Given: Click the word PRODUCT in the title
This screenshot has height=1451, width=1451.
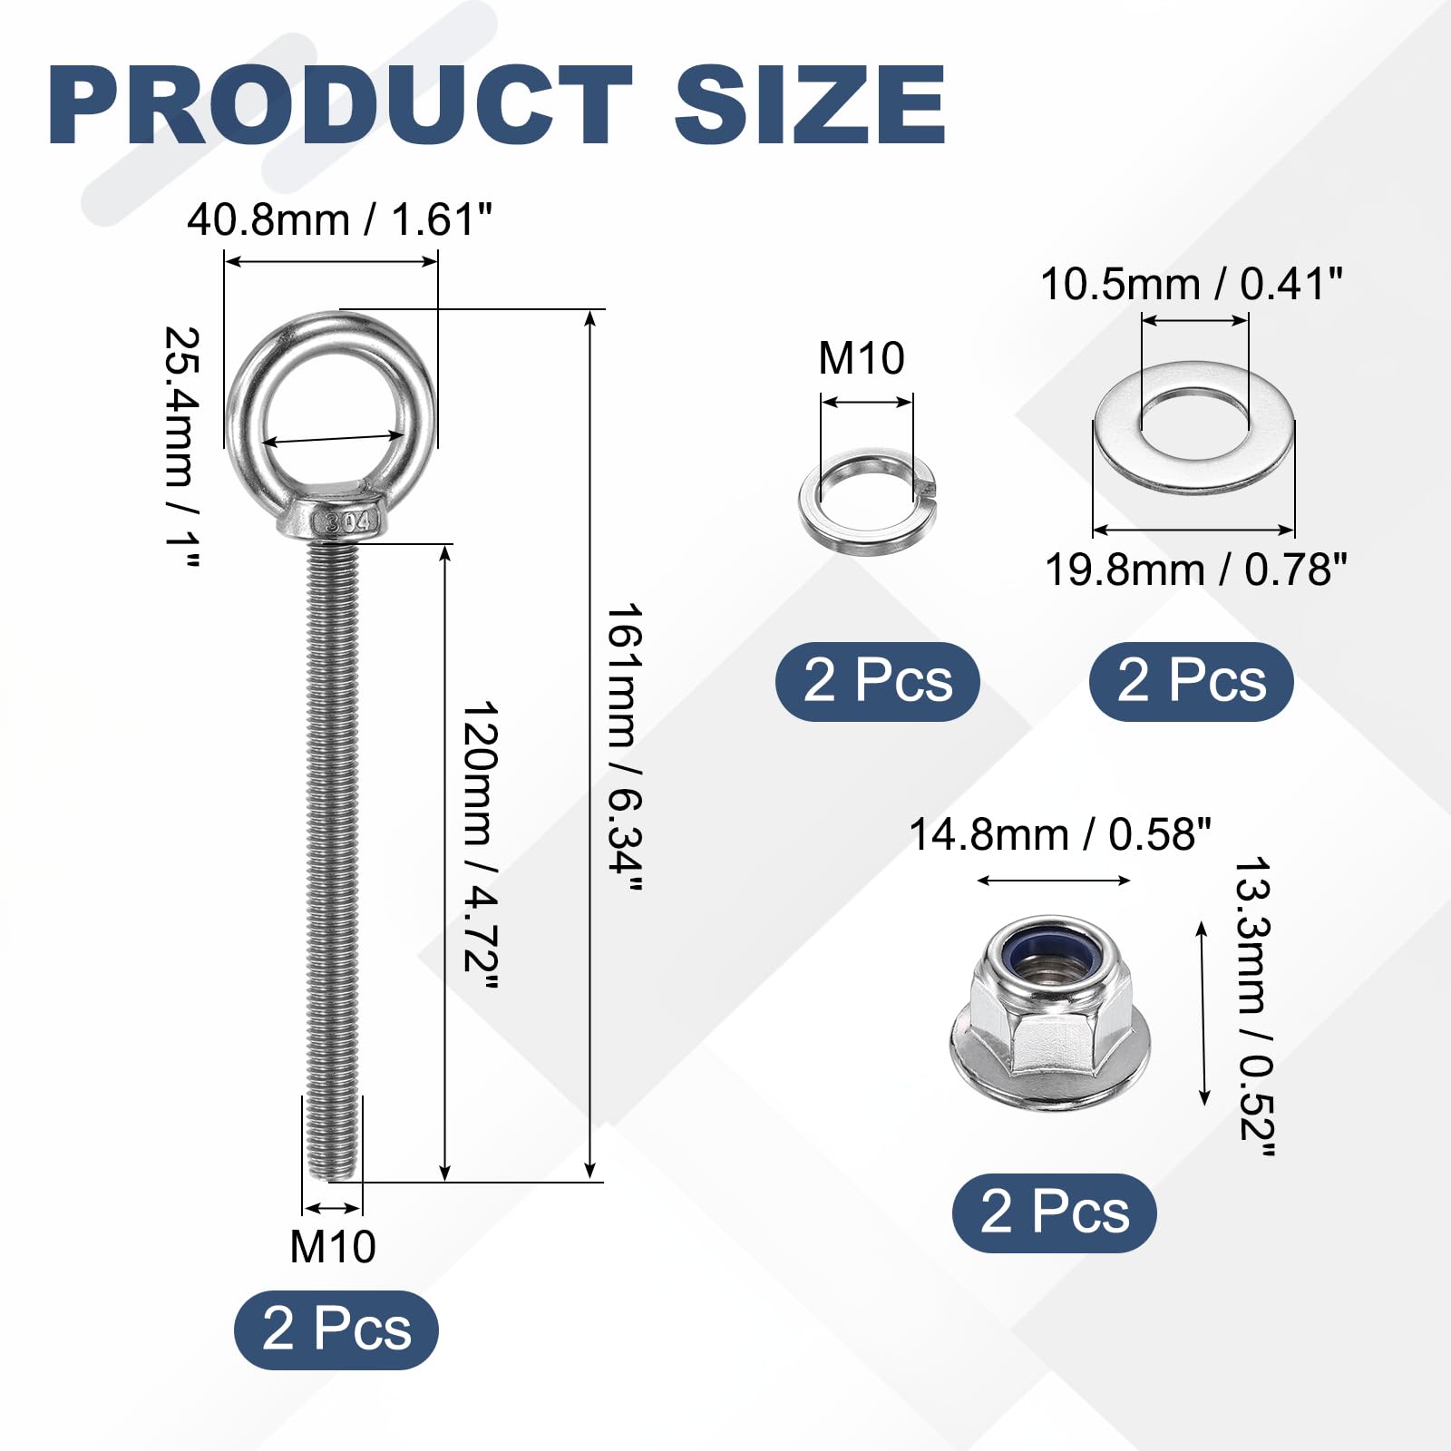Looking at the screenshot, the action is coord(340,105).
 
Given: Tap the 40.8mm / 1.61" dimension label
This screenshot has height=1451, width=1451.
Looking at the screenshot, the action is coord(340,220).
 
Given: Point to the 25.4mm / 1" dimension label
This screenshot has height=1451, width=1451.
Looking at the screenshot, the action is coord(181,448).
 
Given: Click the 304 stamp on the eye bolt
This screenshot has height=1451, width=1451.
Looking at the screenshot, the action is coord(348,521).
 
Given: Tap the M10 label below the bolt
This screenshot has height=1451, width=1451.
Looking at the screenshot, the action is coord(333,1246).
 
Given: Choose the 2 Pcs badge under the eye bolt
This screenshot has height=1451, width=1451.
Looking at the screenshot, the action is coord(336,1329).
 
